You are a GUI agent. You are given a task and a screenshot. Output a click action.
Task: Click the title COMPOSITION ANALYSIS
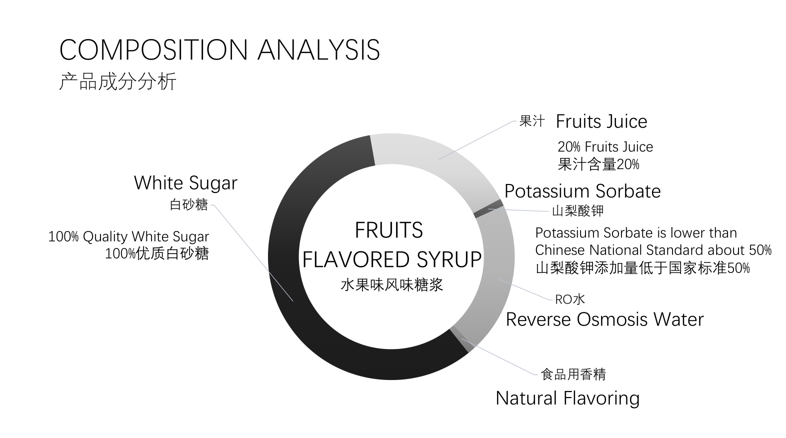[219, 50]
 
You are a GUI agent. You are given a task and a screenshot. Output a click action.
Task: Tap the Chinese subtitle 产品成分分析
[117, 82]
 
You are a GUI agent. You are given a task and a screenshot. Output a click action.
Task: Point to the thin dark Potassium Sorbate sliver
[488, 209]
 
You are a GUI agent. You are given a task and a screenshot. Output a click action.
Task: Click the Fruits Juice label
[601, 121]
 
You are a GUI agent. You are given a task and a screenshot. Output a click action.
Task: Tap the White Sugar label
[185, 183]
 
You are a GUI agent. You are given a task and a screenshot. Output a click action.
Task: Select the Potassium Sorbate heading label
[582, 191]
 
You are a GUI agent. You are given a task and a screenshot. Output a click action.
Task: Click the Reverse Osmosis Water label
[604, 319]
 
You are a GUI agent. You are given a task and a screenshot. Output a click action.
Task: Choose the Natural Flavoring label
[567, 398]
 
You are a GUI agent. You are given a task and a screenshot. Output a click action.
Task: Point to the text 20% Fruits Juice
[605, 146]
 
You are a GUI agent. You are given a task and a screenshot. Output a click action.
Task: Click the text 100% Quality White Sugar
[129, 237]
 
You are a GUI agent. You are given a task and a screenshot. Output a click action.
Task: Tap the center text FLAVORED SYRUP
[392, 259]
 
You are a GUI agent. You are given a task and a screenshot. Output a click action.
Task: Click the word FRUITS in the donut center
[389, 230]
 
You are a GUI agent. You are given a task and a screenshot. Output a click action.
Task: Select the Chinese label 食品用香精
[573, 374]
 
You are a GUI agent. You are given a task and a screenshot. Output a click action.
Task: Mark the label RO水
[570, 299]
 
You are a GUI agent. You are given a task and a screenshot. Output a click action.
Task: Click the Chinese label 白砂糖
[189, 204]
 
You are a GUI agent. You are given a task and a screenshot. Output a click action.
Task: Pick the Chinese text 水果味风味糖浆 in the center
[392, 284]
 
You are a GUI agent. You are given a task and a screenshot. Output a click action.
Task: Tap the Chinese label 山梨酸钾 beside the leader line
[577, 211]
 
